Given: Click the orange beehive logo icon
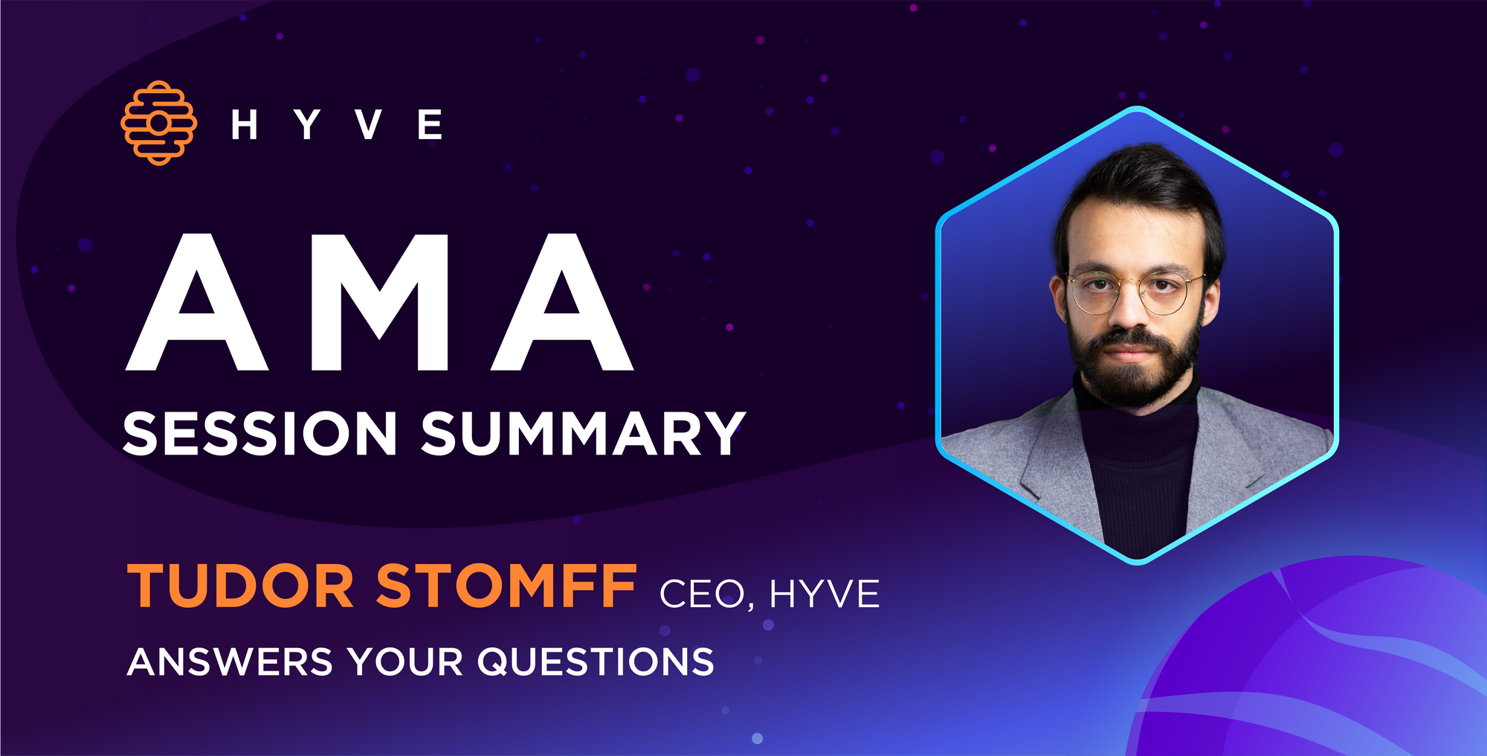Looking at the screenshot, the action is click(x=158, y=123).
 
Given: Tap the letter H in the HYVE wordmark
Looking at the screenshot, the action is click(x=244, y=124).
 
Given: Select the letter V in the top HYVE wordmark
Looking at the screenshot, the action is click(x=369, y=124).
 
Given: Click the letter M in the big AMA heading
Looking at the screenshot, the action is click(x=380, y=302).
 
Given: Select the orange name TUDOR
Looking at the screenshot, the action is click(x=240, y=586).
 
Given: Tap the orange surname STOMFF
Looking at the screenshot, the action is click(x=506, y=586).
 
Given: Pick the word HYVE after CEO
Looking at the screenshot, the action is click(x=825, y=593).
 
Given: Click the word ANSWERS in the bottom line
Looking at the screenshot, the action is click(x=230, y=661).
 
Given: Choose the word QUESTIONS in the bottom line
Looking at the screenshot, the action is click(x=596, y=661).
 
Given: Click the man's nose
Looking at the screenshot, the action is click(x=1128, y=308).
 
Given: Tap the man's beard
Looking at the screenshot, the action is click(x=1132, y=365).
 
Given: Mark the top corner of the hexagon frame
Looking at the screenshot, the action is click(x=1137, y=109).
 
